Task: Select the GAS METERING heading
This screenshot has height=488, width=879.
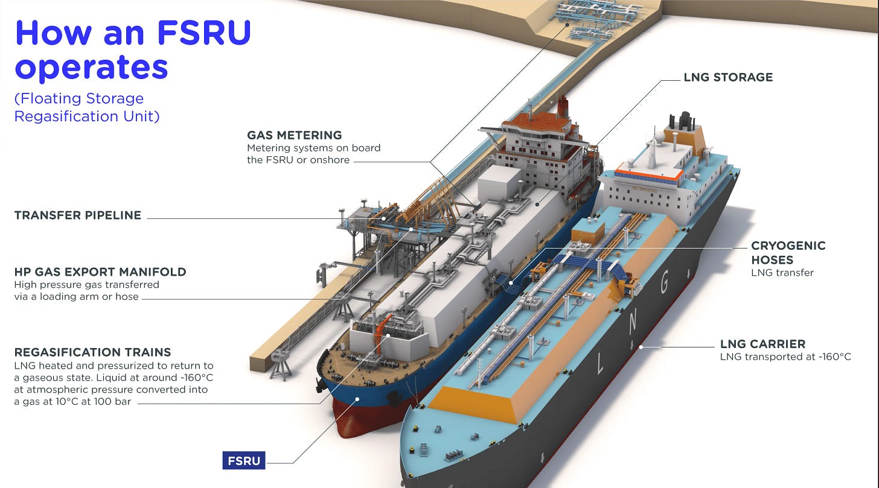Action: (x=295, y=135)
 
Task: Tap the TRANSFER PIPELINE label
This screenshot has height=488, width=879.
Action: (x=78, y=215)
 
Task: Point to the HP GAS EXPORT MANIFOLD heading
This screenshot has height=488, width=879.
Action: (x=100, y=272)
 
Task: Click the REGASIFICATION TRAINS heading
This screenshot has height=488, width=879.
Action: (x=92, y=352)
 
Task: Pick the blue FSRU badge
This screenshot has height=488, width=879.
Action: (x=244, y=461)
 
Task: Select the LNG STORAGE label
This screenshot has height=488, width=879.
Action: (x=728, y=77)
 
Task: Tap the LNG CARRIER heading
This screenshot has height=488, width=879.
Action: (x=762, y=344)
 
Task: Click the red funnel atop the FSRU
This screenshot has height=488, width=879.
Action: (x=563, y=107)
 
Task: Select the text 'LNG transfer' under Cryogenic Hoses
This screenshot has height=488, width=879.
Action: (x=782, y=273)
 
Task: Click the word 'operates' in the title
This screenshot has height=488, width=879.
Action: (x=91, y=66)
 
